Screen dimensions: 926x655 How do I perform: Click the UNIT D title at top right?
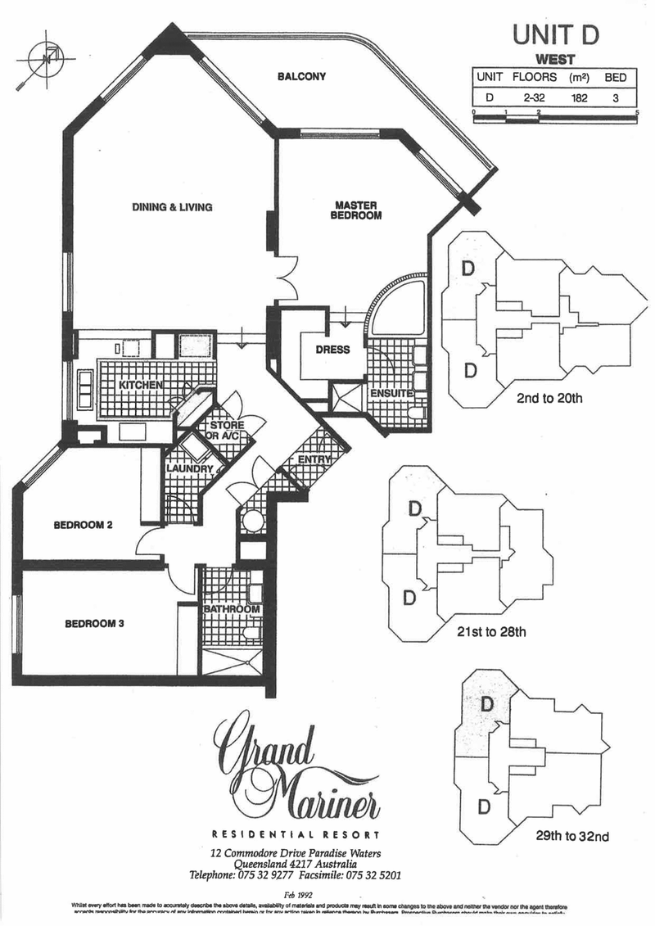[x=555, y=34]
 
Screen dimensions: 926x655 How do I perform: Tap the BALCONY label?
[x=301, y=77]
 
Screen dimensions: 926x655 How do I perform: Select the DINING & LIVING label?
[x=172, y=207]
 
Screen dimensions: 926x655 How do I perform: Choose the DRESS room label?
[x=332, y=350]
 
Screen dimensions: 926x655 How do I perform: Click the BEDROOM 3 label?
[x=94, y=624]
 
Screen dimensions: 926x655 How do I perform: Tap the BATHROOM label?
[x=233, y=609]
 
